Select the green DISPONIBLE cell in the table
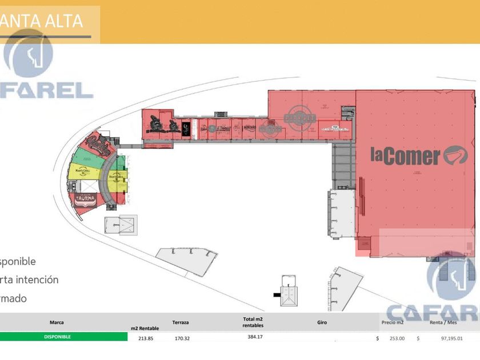[57, 337]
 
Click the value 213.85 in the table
[146, 338]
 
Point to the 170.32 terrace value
[183, 338]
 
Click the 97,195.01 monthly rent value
[449, 338]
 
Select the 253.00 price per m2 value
[397, 338]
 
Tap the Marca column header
[57, 322]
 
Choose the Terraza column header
[181, 323]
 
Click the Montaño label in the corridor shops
[250, 127]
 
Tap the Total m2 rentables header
[252, 322]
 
